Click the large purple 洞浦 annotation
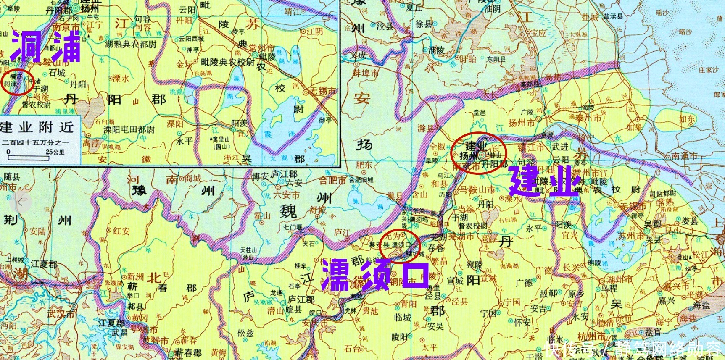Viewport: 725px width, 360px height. (46, 47)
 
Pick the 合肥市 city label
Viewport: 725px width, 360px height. (333, 180)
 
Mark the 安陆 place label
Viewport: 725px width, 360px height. (37, 231)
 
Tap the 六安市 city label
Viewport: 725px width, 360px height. (286, 195)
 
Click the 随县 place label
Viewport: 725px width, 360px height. (12, 176)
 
